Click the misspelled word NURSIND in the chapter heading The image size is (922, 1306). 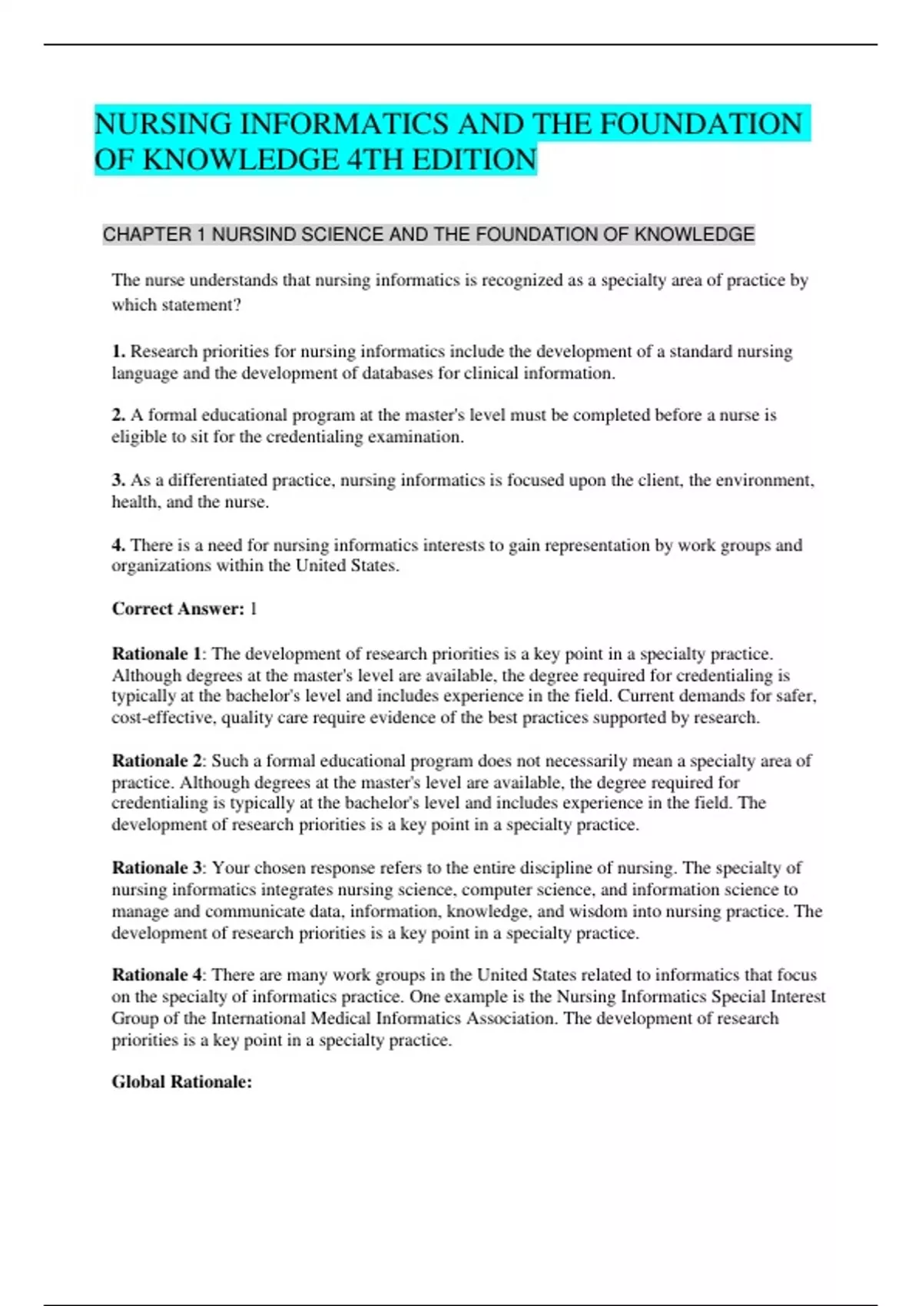pyautogui.click(x=254, y=234)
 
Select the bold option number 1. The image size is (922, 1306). pyautogui.click(x=118, y=351)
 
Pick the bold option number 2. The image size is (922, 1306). pyautogui.click(x=118, y=415)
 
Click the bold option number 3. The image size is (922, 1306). pyautogui.click(x=118, y=480)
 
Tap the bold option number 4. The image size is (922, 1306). pyautogui.click(x=118, y=545)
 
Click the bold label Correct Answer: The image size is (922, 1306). pyautogui.click(x=177, y=608)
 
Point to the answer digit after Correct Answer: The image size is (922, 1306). pyautogui.click(x=254, y=608)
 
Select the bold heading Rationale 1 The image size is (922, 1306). pyautogui.click(x=156, y=654)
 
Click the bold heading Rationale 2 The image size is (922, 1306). pyautogui.click(x=156, y=761)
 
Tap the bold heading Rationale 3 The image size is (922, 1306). pyautogui.click(x=156, y=867)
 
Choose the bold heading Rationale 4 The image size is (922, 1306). pyautogui.click(x=156, y=974)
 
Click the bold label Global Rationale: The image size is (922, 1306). pyautogui.click(x=181, y=1082)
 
